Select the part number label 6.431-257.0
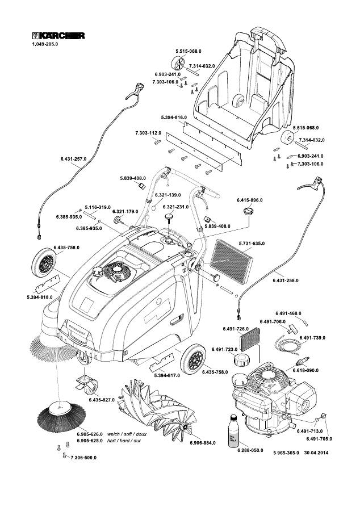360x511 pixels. [73, 159]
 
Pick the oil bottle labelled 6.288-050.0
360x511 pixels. [233, 432]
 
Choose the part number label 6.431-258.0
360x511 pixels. [286, 280]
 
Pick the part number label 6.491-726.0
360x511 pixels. [237, 329]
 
